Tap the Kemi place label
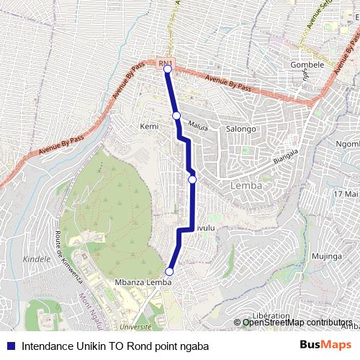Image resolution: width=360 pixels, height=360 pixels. click(149, 126)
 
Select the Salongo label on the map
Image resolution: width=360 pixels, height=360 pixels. click(241, 129)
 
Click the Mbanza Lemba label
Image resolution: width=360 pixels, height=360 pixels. click(143, 282)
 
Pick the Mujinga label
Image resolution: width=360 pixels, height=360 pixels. click(326, 256)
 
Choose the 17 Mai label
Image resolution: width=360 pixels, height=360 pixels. click(346, 194)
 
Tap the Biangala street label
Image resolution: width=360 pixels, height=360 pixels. click(285, 156)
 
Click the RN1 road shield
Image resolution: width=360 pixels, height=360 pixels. click(164, 63)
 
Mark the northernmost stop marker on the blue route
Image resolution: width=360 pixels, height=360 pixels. click(167, 69)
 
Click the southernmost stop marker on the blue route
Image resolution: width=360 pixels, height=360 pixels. click(170, 271)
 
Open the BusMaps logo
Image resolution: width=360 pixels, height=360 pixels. click(325, 346)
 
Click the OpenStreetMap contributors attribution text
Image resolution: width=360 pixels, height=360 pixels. click(297, 322)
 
